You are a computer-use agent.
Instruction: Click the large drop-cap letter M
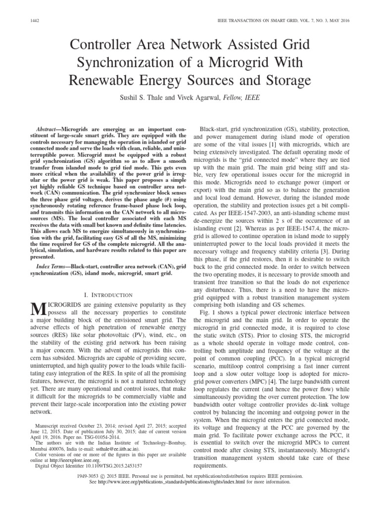point(38,310)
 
